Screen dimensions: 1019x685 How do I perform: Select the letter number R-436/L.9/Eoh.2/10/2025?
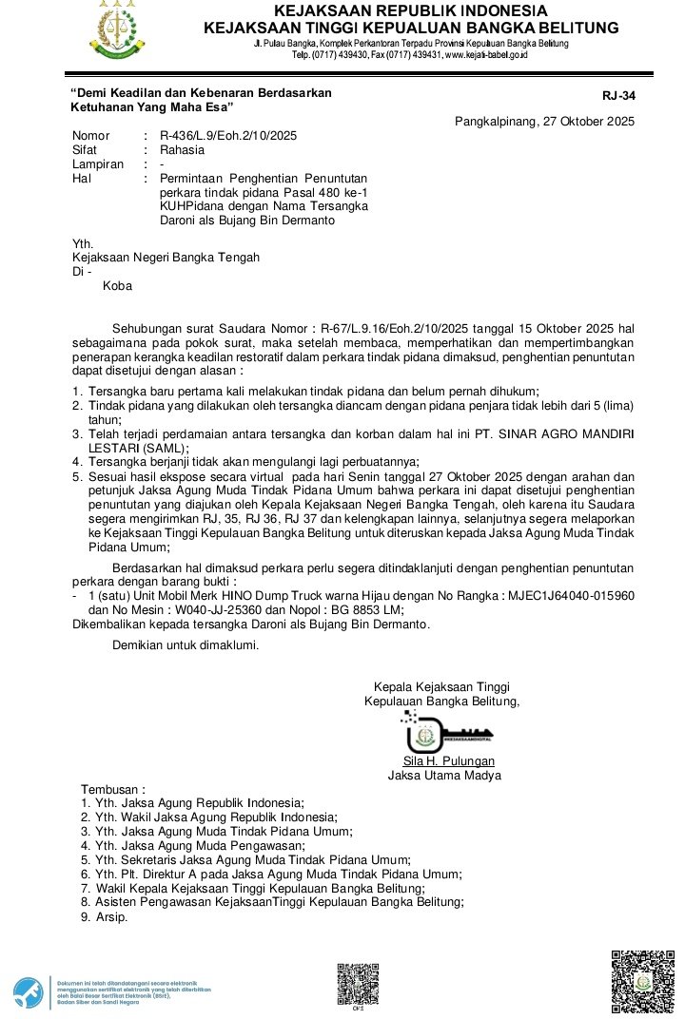[228, 136]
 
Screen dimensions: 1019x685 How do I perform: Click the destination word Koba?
[117, 285]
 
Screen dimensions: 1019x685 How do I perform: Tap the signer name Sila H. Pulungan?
[449, 761]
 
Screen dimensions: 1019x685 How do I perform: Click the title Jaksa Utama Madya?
[444, 776]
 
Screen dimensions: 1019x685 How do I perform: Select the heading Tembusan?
[113, 790]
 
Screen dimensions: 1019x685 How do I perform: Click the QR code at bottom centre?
[358, 981]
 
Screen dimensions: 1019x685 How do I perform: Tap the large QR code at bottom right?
[643, 982]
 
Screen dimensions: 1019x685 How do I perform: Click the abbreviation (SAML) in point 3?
[166, 448]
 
